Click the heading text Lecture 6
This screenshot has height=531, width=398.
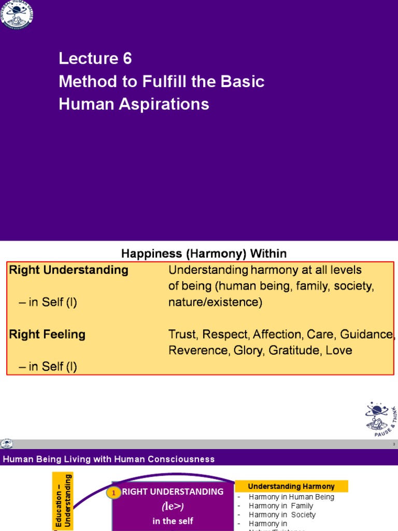[95, 59]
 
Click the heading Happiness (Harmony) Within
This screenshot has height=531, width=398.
[204, 254]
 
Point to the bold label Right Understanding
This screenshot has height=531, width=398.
[68, 270]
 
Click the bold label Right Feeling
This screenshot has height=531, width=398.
[47, 334]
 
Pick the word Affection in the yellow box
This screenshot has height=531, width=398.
[278, 334]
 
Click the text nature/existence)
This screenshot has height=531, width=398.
[215, 302]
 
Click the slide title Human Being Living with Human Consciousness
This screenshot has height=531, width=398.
[109, 459]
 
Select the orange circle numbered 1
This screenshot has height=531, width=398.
[113, 493]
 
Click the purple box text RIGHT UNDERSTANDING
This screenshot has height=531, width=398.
[173, 492]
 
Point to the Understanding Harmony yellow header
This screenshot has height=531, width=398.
[291, 486]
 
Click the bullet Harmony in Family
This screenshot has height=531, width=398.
[281, 506]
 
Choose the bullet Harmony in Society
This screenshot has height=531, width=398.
[282, 515]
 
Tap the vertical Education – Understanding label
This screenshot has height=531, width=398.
[63, 501]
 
